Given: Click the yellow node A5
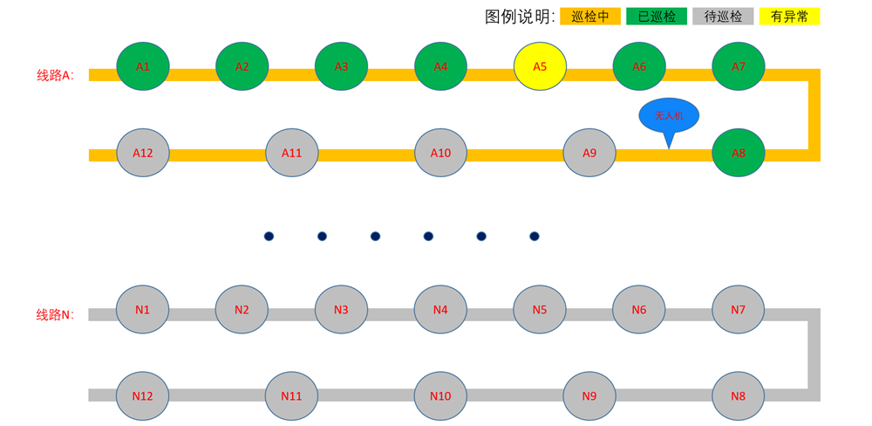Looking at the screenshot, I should [540, 66].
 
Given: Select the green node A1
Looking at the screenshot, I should [143, 66].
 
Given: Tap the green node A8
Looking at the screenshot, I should [739, 153].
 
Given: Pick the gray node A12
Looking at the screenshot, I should [143, 153].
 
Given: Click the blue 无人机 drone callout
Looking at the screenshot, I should [669, 115].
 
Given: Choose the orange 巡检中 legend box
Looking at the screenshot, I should [590, 16].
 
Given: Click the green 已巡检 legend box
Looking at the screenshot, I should [657, 16].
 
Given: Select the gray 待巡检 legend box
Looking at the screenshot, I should [723, 16].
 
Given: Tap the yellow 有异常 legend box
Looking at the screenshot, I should [789, 16].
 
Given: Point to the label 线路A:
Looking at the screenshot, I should [55, 75].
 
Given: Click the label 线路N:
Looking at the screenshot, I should [55, 314].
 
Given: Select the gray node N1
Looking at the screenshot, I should [143, 309].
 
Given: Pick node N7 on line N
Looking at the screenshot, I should [739, 309].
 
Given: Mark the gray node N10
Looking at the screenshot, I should [440, 395].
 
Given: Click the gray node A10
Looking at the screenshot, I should [440, 153].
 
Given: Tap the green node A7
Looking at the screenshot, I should [739, 66].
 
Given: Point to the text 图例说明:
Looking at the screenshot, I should [520, 17].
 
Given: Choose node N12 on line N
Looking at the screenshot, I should [143, 395].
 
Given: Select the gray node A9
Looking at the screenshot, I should [589, 153].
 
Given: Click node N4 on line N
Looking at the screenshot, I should [440, 309].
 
